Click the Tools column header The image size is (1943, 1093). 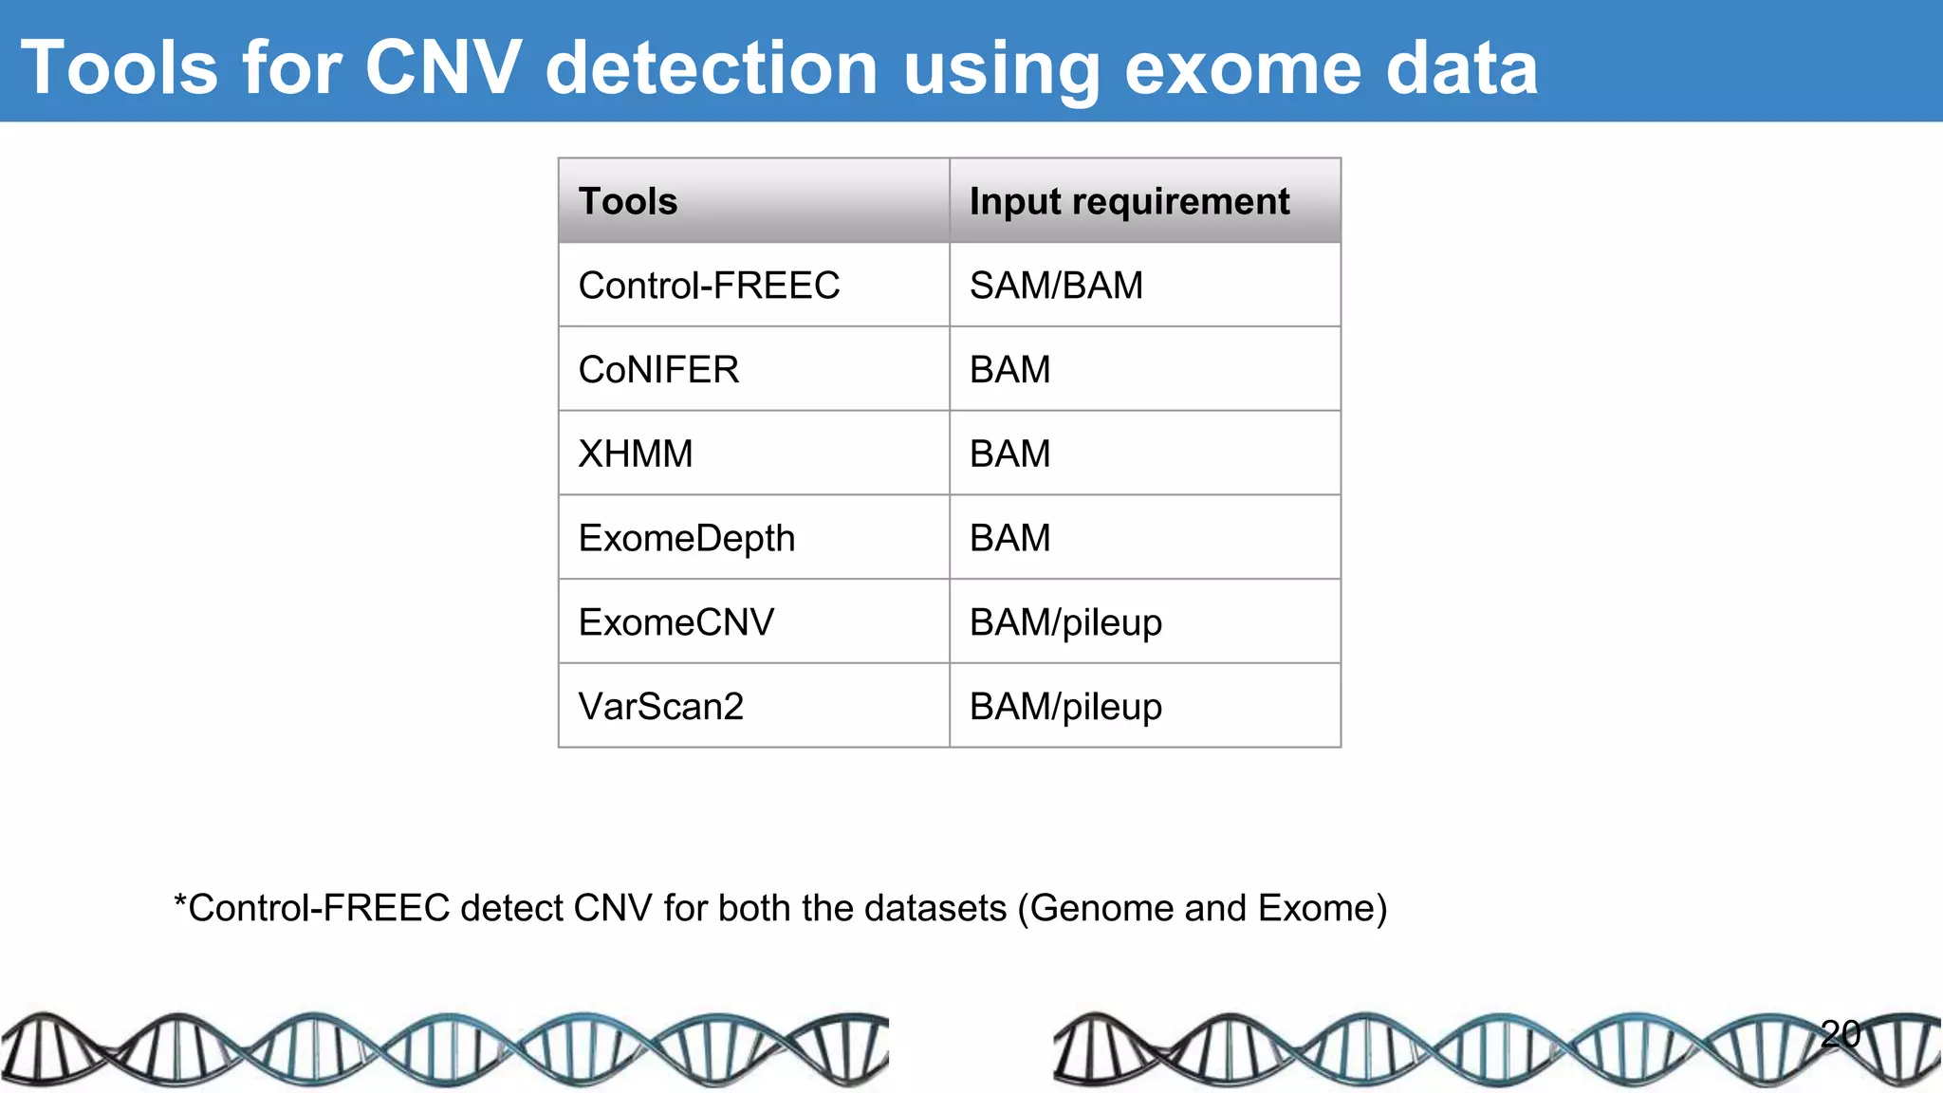(628, 201)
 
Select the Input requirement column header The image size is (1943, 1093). (1129, 201)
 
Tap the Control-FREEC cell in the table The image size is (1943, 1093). (709, 286)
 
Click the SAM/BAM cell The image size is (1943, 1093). (1056, 286)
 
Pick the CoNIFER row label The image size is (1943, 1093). (658, 370)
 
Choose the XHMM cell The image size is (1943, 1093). (636, 454)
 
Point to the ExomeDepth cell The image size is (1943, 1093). (687, 538)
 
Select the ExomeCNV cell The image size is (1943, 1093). (676, 622)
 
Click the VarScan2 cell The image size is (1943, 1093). (661, 707)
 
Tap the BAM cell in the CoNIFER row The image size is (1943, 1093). (1009, 370)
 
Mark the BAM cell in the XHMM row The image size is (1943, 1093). (1009, 454)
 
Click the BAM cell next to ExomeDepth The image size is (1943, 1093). (1009, 538)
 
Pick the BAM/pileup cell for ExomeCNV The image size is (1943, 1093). (1065, 622)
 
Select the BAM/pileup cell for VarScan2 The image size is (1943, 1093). (1065, 707)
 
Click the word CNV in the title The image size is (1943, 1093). (442, 68)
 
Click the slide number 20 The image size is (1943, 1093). (1841, 1033)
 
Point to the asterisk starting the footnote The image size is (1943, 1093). (180, 901)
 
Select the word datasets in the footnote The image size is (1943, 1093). (934, 908)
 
